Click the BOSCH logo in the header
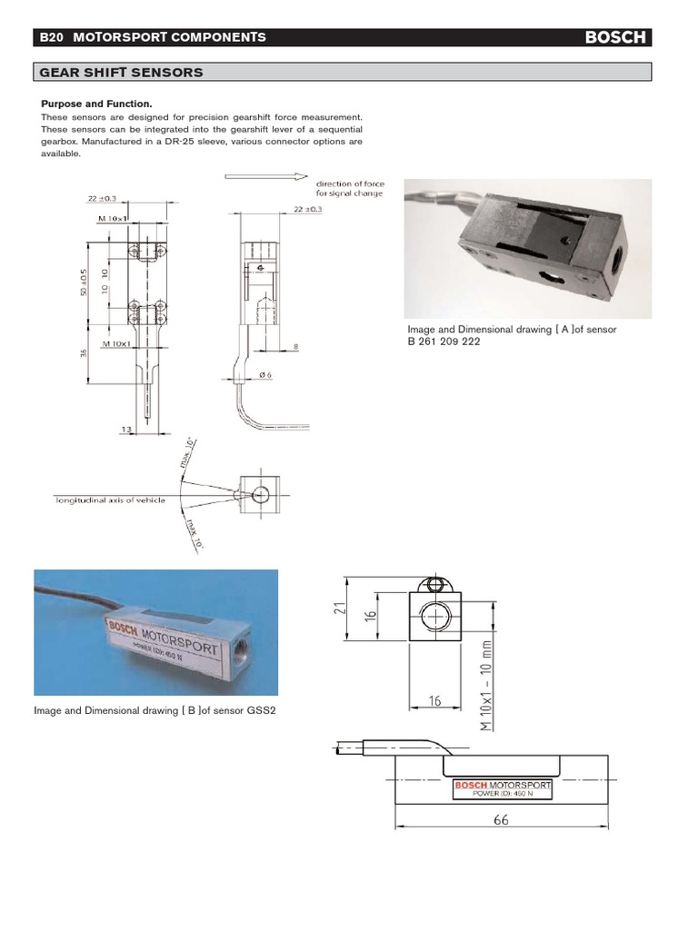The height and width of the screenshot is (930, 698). tap(615, 37)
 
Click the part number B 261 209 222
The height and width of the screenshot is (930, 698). tap(443, 342)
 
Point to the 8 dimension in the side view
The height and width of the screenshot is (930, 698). tap(296, 347)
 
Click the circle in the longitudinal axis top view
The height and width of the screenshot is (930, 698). tap(260, 495)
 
